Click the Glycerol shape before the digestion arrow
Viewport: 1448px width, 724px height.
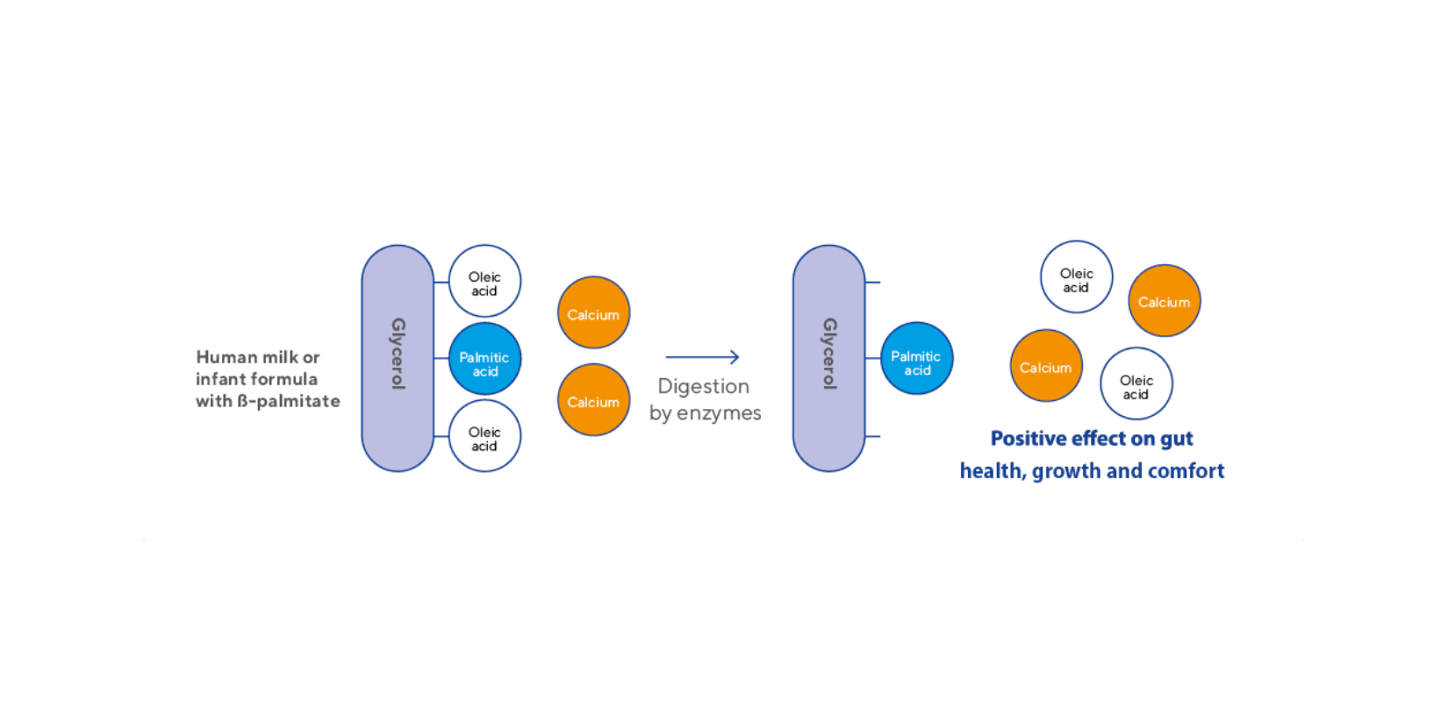(x=398, y=358)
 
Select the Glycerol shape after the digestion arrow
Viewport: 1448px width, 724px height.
(x=828, y=358)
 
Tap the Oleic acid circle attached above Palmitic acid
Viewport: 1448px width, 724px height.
(x=484, y=281)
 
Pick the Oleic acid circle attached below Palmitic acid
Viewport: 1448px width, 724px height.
(x=484, y=436)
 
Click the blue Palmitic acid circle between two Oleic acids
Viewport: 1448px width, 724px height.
(x=484, y=359)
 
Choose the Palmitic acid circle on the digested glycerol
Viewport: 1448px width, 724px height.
(x=916, y=358)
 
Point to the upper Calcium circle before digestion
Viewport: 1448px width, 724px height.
(x=593, y=313)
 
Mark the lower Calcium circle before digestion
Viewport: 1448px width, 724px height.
(x=593, y=400)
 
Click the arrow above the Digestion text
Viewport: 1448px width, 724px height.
(x=702, y=357)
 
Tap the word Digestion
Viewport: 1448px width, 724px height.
(x=703, y=386)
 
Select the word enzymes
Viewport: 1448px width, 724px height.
(x=719, y=413)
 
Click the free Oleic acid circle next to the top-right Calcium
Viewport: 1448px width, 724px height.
(x=1076, y=277)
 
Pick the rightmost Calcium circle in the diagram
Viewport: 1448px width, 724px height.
(x=1164, y=301)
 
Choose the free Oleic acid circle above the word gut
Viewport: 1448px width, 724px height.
(x=1136, y=384)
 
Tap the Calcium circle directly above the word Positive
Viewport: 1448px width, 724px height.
(x=1046, y=366)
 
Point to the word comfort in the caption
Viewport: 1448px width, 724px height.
(x=1186, y=471)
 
